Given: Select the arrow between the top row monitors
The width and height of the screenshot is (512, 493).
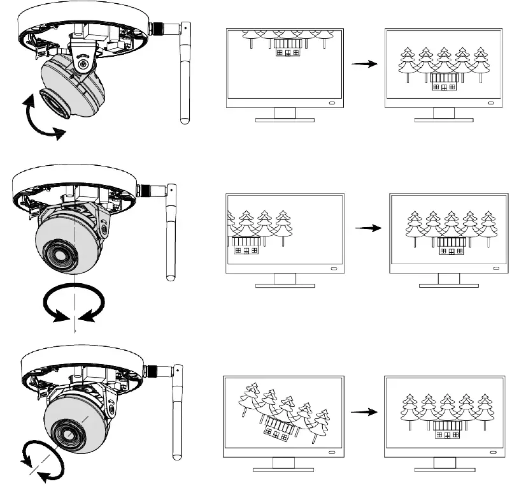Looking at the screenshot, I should pos(363,64).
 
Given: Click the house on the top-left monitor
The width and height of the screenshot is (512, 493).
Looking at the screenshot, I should pos(287,50).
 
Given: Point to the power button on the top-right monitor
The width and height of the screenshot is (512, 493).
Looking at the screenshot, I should pos(490,103).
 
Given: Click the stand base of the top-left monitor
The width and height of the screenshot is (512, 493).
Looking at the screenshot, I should pos(285,120).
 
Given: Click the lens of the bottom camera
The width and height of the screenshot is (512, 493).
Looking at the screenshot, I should pos(64,432).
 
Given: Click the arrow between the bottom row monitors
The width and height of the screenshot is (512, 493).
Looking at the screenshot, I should pos(363,412).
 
